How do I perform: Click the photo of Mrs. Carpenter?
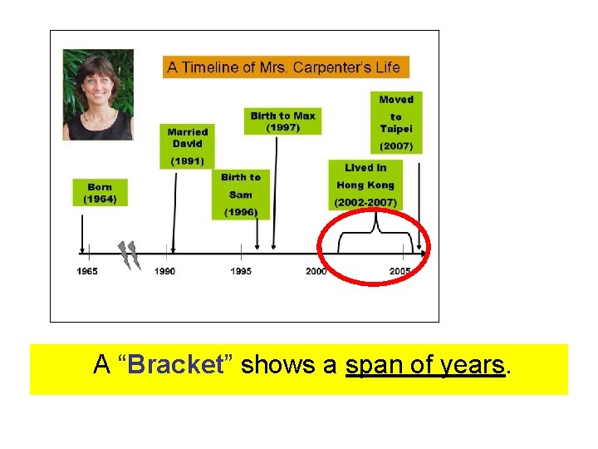coord(98,95)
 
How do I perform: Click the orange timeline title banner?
coord(284,67)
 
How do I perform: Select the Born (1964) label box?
coord(100,193)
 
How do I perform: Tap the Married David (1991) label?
coord(187,146)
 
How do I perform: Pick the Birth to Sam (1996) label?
coord(241,195)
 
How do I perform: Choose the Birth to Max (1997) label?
coord(283,121)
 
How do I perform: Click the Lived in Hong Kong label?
coord(365,185)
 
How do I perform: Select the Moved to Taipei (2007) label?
coord(396,122)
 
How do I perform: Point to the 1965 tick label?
coord(87,271)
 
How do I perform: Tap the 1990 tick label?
coord(164,271)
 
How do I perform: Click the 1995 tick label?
coord(241,271)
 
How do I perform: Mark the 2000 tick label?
coord(316,271)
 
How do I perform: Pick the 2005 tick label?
coord(400,271)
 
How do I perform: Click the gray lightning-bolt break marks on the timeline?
coord(128,255)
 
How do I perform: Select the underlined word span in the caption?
coord(370,365)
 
